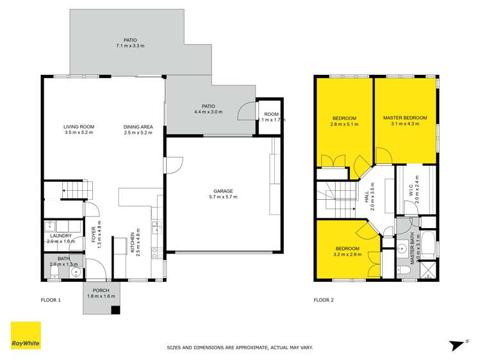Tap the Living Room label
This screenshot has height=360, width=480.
pyautogui.click(x=79, y=127)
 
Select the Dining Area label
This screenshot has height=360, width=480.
pyautogui.click(x=138, y=127)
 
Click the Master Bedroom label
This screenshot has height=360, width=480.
pyautogui.click(x=405, y=118)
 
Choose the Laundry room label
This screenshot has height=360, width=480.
pyautogui.click(x=61, y=236)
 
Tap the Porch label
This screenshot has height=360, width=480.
pyautogui.click(x=100, y=290)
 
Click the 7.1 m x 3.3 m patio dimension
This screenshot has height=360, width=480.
pyautogui.click(x=131, y=46)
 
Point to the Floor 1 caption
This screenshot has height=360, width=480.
pyautogui.click(x=50, y=300)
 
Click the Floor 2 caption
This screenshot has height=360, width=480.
pyautogui.click(x=323, y=300)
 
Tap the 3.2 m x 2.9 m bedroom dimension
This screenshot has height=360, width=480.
pyautogui.click(x=347, y=254)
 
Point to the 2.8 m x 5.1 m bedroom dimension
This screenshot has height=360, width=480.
pyautogui.click(x=344, y=124)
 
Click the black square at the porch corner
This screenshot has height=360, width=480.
pyautogui.click(x=115, y=310)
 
